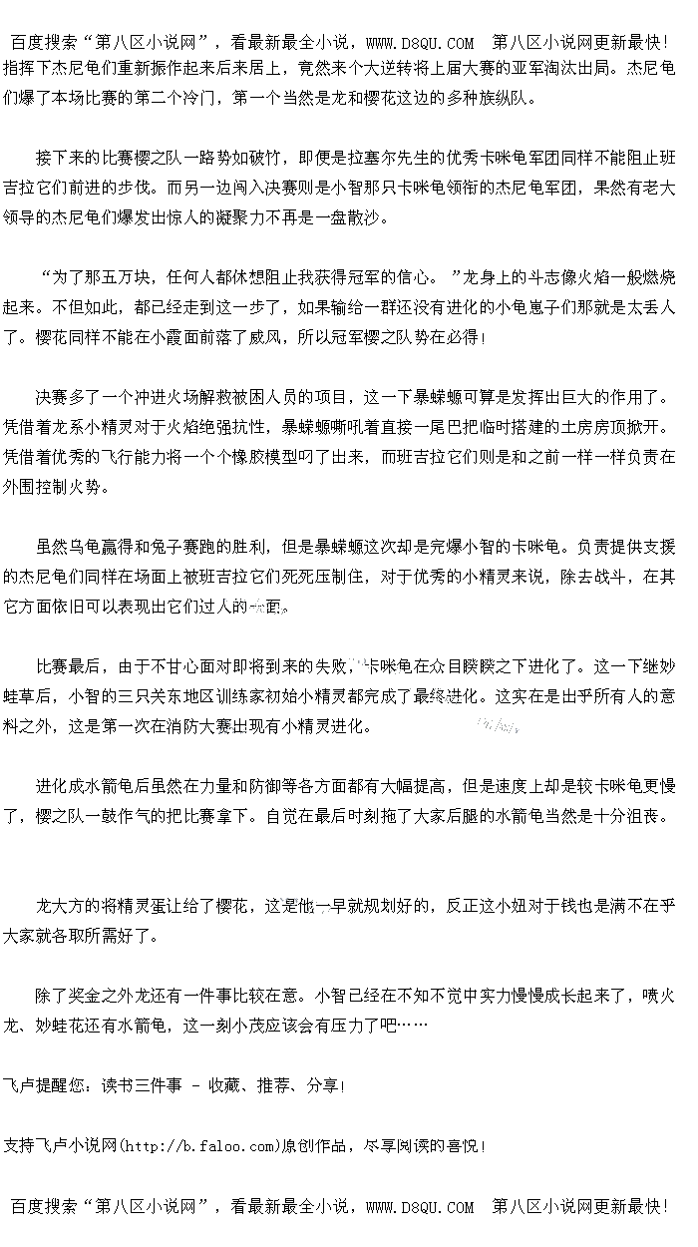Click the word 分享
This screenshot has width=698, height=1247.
[x=323, y=1085]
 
